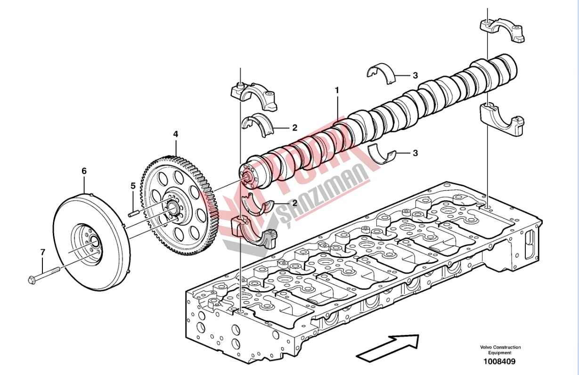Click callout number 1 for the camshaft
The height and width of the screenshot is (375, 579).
coord(337,90)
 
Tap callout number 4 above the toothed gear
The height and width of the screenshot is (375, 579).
coord(176,134)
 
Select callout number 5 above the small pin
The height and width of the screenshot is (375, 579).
coord(133,186)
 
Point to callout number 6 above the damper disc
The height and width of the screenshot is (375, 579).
coord(84,171)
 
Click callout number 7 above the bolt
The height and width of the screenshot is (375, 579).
coord(43,252)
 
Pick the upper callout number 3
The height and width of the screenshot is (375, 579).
coord(415,75)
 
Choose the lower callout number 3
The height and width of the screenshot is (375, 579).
coord(415,153)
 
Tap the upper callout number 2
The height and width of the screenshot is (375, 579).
coord(294,128)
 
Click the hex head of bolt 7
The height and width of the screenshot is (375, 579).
coord(31,280)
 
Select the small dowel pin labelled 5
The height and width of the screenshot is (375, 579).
coord(134,214)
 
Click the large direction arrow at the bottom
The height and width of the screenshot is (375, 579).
coord(387,347)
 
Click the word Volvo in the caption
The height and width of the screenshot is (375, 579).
coord(486,347)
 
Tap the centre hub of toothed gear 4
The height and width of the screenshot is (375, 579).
coord(171,206)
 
